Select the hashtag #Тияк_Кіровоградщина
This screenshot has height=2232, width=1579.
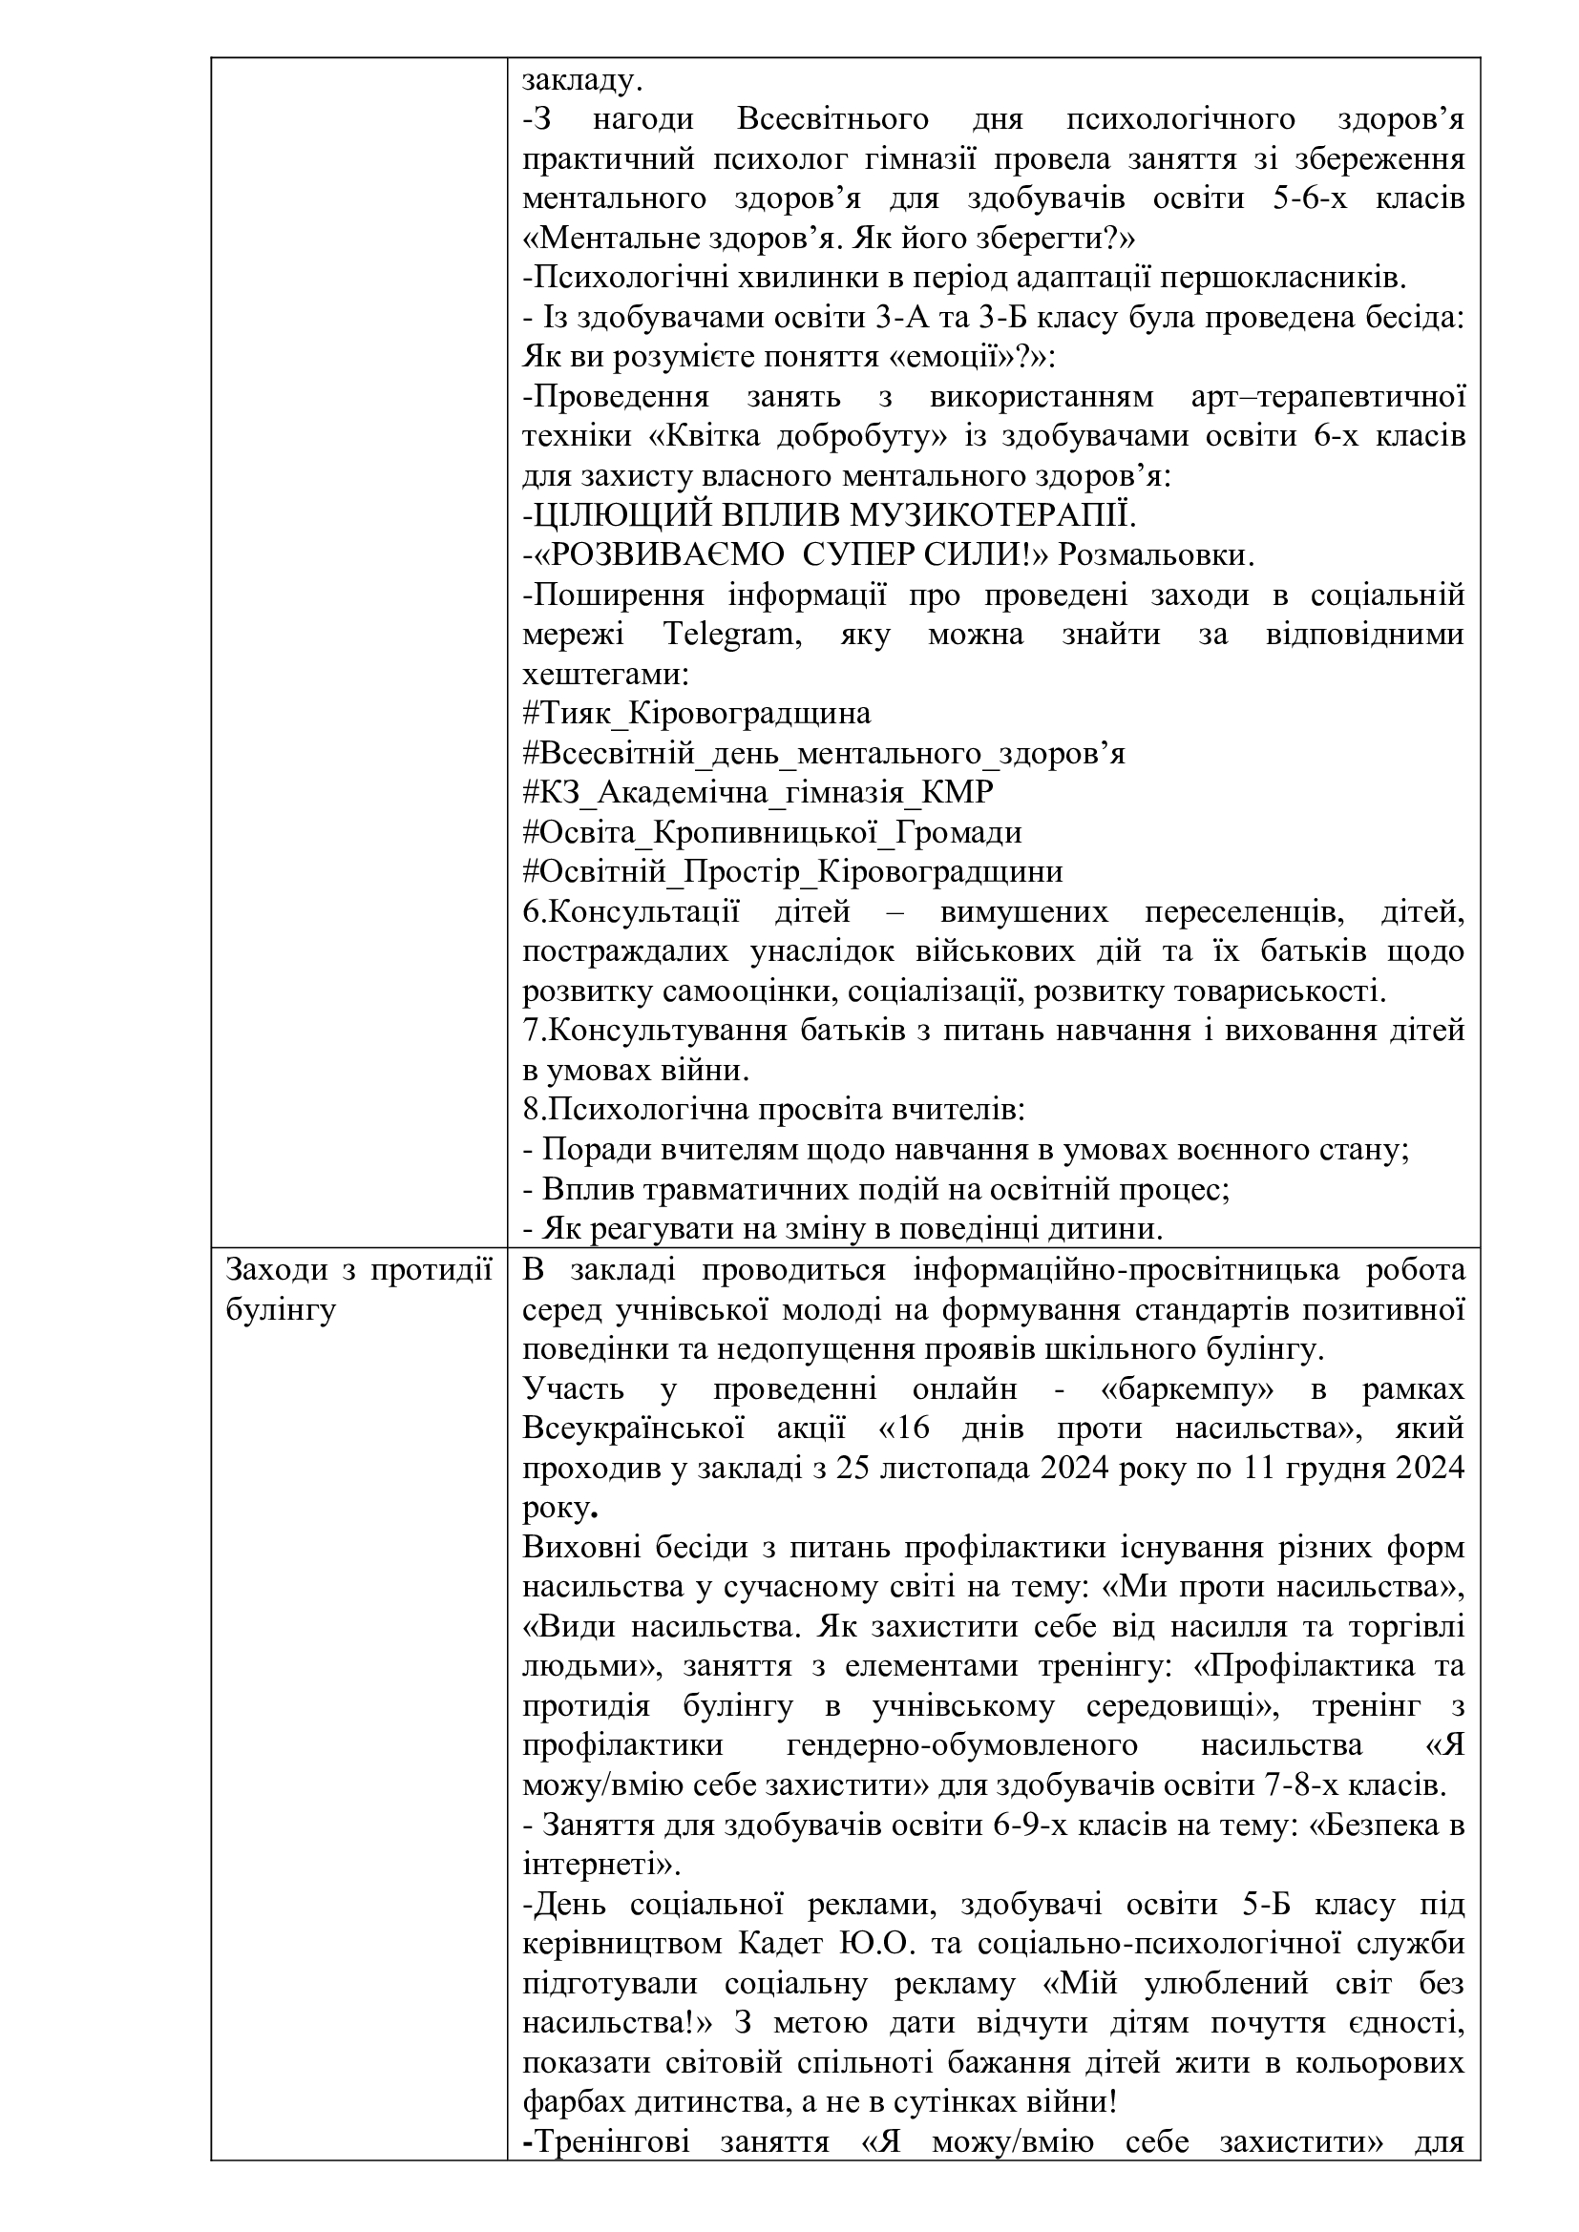(x=696, y=715)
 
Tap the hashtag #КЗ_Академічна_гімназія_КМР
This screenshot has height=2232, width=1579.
(x=757, y=793)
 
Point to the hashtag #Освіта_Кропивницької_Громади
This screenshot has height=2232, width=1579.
(x=772, y=833)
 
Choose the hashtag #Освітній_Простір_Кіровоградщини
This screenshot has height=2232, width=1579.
(x=792, y=872)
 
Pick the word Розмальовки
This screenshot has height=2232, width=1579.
(x=1155, y=555)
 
